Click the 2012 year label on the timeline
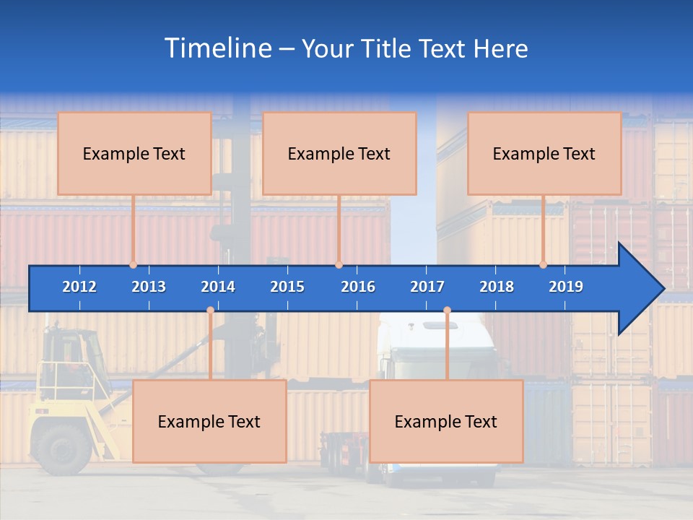point(79,287)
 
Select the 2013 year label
point(149,287)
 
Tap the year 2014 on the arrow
point(218,287)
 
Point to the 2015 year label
point(287,287)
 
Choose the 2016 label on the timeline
point(358,287)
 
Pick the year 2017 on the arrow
point(427,287)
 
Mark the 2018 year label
point(497,287)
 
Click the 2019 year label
point(566,287)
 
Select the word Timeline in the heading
point(216,48)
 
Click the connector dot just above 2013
point(134,264)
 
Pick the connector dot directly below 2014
point(210,310)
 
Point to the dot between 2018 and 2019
point(544,264)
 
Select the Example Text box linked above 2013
point(134,154)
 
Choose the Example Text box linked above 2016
point(339,154)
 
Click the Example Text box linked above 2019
point(544,154)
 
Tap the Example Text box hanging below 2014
point(209,422)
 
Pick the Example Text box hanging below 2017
point(446,422)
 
